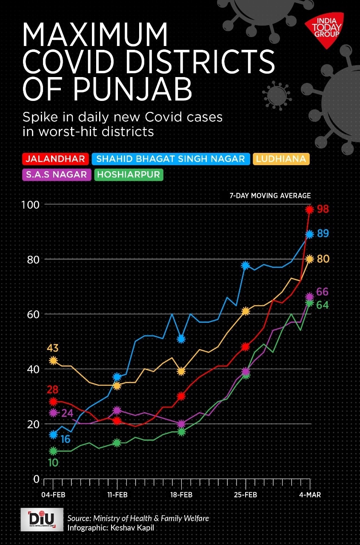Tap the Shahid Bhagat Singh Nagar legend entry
pyautogui.click(x=171, y=159)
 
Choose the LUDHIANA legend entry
pyautogui.click(x=281, y=159)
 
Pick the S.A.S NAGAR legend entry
pyautogui.click(x=56, y=174)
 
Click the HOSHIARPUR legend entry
pyautogui.click(x=129, y=174)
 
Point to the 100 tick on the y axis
pyautogui.click(x=30, y=204)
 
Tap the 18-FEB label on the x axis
pyautogui.click(x=182, y=495)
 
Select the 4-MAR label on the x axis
pyautogui.click(x=309, y=495)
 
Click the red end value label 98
pyautogui.click(x=323, y=209)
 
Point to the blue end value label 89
pyautogui.click(x=323, y=234)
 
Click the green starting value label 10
pyautogui.click(x=53, y=462)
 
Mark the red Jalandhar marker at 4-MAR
pyautogui.click(x=309, y=209)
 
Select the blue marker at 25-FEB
pyautogui.click(x=246, y=265)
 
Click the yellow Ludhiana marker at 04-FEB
pyautogui.click(x=53, y=360)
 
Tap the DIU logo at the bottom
pyautogui.click(x=42, y=519)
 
